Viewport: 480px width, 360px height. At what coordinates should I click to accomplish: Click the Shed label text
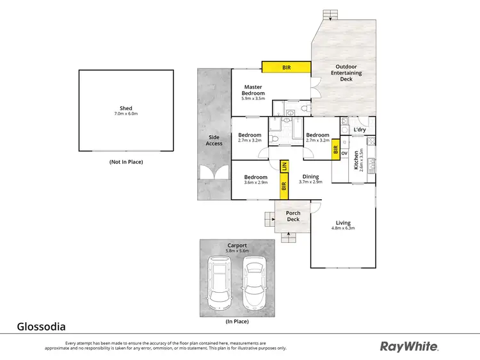125,108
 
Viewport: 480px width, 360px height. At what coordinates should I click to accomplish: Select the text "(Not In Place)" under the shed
125,162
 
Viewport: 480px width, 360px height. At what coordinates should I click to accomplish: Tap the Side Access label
214,140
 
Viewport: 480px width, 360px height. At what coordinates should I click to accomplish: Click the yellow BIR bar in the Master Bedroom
286,66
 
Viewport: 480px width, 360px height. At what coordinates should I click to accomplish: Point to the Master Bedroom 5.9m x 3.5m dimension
253,99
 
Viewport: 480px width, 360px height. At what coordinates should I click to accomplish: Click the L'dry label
359,130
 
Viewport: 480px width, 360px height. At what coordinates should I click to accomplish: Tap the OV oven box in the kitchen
344,153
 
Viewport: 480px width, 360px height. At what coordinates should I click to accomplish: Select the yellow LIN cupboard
284,167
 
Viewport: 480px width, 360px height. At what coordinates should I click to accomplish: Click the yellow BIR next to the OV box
335,152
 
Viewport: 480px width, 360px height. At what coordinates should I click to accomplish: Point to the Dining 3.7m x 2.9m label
310,179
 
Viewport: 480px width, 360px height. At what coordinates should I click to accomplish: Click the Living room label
343,225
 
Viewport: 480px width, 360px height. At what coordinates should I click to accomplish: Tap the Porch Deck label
293,217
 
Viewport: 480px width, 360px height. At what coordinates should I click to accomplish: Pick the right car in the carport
255,280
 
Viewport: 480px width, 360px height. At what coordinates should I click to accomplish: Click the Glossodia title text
41,327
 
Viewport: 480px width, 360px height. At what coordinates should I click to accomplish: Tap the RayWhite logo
410,347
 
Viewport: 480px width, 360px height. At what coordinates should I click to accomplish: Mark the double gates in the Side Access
214,172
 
